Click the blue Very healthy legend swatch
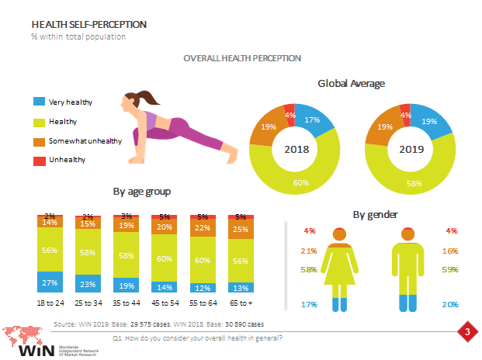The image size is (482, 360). pos(39,102)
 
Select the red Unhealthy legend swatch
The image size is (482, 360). pos(39,160)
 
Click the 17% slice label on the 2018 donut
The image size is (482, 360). pos(312,119)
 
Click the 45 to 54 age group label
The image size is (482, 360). pos(165,303)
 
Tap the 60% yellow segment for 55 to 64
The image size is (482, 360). pos(203,261)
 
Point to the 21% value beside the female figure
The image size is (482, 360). pos(309,251)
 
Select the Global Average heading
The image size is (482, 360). pos(352,83)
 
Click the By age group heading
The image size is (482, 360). pos(142,191)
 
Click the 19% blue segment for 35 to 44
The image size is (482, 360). pos(127,284)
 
